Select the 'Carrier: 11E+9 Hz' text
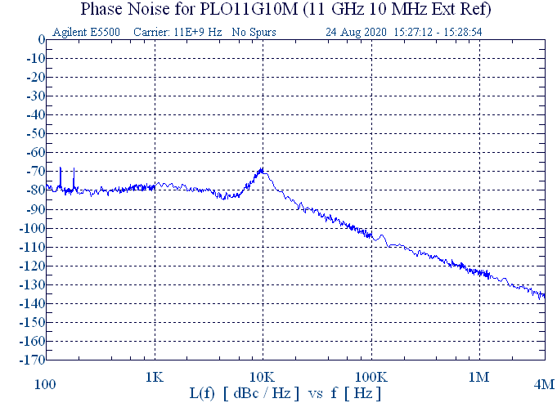[x=176, y=33]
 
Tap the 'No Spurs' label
[x=254, y=33]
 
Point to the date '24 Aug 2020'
[x=356, y=33]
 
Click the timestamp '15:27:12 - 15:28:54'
[x=438, y=33]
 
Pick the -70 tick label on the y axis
[x=34, y=172]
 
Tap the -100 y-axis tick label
[x=31, y=228]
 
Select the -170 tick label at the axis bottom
[x=31, y=360]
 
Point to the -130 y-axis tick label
[x=31, y=284]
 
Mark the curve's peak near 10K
[x=262, y=169]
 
